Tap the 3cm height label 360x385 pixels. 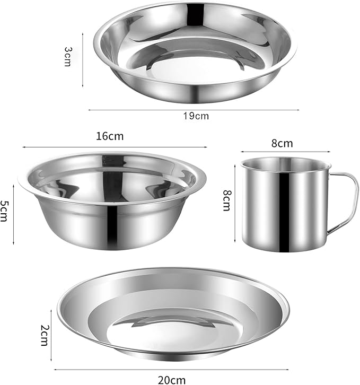point(68,56)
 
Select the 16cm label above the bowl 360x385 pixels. point(110,136)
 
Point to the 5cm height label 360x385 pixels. point(6,211)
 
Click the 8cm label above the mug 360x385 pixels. point(282,143)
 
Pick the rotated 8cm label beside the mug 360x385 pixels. point(226,200)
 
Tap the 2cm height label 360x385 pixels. point(45,334)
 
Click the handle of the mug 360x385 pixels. point(345,202)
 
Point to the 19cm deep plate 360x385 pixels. point(195,53)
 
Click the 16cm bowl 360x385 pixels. point(111,202)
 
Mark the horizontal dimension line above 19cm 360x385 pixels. point(194,110)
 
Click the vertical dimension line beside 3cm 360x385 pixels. point(83,58)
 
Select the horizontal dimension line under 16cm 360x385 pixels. point(115,146)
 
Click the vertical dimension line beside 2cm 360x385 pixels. point(51,334)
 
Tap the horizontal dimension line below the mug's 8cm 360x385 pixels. point(283,153)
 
